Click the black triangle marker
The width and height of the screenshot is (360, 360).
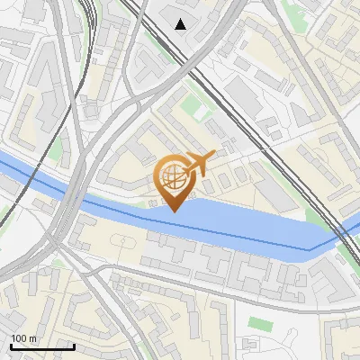(182, 24)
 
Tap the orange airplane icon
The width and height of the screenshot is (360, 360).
(200, 162)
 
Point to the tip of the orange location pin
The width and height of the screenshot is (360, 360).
(173, 211)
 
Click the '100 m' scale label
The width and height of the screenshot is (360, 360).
(23, 338)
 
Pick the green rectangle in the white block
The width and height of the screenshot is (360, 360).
(259, 322)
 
